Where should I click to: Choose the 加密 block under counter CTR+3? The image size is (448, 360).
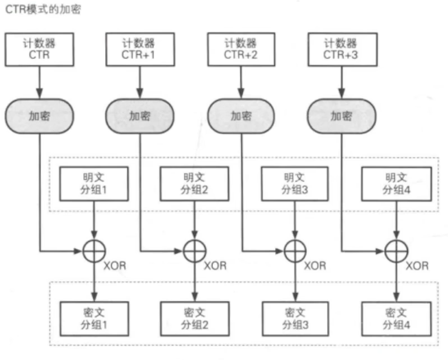point(341,116)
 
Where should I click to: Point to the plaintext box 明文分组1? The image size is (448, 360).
point(93,183)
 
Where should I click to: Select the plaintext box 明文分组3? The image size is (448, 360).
point(294,183)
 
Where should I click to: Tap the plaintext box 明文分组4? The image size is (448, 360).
point(395,183)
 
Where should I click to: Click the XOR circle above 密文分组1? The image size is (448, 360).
point(93,250)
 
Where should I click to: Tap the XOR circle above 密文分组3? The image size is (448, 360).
point(294,250)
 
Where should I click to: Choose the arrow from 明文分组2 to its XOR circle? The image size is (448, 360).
point(194,221)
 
